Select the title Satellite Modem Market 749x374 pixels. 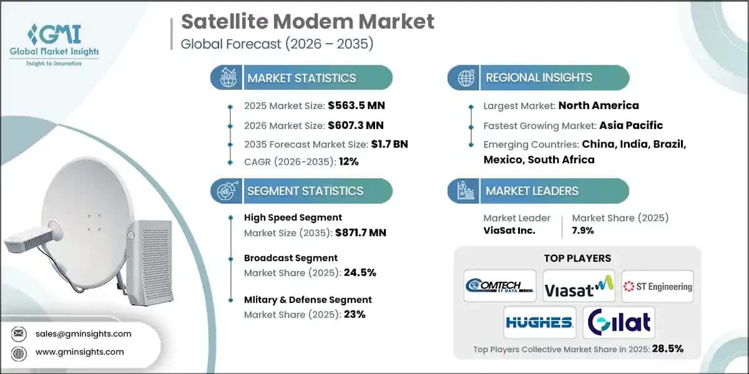coord(307,21)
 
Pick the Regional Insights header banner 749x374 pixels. coord(538,78)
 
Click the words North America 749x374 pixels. coord(598,106)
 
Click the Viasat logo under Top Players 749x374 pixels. coord(578,286)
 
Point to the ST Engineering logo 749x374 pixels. coord(657,286)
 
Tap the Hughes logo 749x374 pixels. coord(540,322)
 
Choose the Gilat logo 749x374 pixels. coord(618,322)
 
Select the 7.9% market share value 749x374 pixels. coord(583,231)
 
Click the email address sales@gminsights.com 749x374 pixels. coord(84,333)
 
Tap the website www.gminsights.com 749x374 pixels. coord(79,352)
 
